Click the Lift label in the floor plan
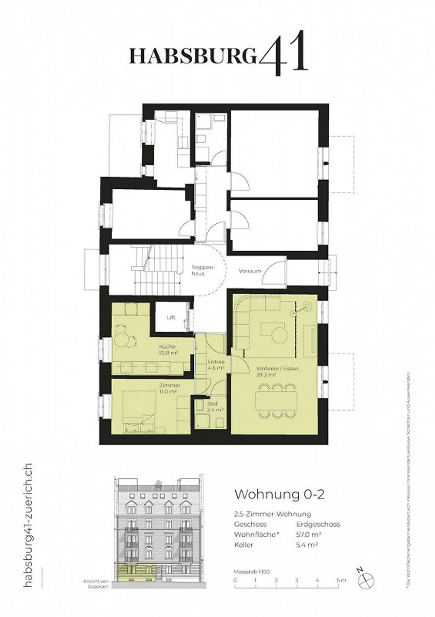[171, 317]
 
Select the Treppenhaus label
[198, 271]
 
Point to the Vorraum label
[250, 271]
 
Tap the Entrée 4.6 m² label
[216, 365]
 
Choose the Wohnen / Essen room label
[272, 372]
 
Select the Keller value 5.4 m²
[307, 545]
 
